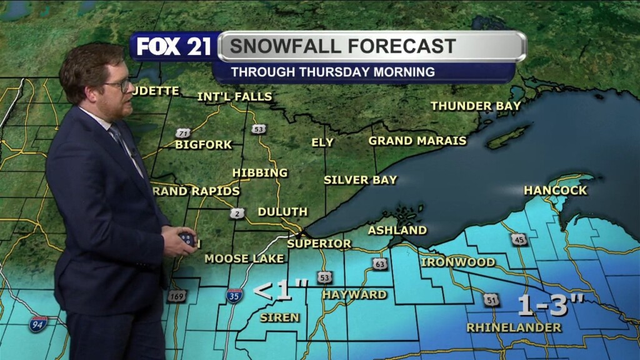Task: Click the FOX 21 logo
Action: (x=174, y=47)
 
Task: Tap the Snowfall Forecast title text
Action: (x=342, y=46)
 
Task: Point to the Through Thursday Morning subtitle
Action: (x=332, y=72)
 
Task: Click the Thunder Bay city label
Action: (x=476, y=106)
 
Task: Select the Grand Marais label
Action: (x=417, y=141)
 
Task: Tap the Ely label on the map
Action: (x=322, y=142)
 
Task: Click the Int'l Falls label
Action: (x=234, y=96)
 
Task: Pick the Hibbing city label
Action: (x=260, y=172)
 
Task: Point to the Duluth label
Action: (x=282, y=212)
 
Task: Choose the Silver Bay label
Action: (x=360, y=180)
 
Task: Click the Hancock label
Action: (x=556, y=190)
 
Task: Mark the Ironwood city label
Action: (x=458, y=262)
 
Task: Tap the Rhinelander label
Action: (x=514, y=327)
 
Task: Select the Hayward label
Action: (x=354, y=294)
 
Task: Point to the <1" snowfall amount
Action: (x=281, y=290)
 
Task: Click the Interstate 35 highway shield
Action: (x=234, y=295)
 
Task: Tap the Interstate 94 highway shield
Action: (x=37, y=324)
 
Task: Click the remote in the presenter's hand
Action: (x=187, y=237)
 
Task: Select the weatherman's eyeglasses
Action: (x=119, y=84)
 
